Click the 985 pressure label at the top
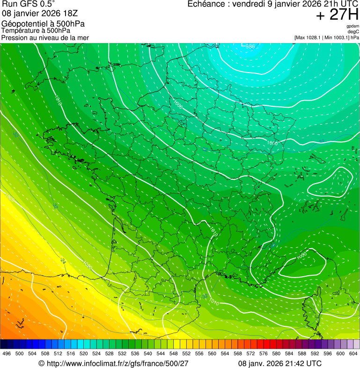250,46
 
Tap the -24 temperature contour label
62,261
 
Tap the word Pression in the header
14,37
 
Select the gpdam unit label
353,26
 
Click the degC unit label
353,31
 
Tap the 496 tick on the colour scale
7,353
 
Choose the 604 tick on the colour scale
353,353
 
